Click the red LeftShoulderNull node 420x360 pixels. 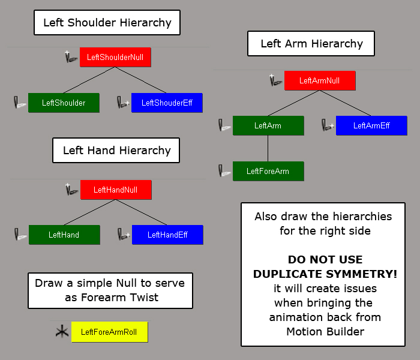(x=115, y=57)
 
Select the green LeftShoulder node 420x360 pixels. (x=64, y=103)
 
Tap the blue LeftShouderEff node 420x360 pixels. (x=167, y=103)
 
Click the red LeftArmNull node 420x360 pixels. (x=319, y=80)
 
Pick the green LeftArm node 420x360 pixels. (x=268, y=125)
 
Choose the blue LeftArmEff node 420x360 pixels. (x=371, y=125)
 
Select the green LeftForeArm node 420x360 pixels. (x=268, y=171)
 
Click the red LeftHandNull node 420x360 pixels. (x=116, y=190)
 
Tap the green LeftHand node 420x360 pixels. (x=64, y=235)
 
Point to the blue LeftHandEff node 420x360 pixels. (x=167, y=235)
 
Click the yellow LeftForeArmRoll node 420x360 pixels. (x=109, y=332)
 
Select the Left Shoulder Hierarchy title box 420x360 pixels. (x=107, y=23)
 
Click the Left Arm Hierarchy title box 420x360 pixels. (x=311, y=44)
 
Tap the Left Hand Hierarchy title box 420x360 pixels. (x=116, y=150)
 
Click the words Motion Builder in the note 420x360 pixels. (x=325, y=331)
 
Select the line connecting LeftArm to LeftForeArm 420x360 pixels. (x=268, y=148)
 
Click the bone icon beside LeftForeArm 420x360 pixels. (x=224, y=171)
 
